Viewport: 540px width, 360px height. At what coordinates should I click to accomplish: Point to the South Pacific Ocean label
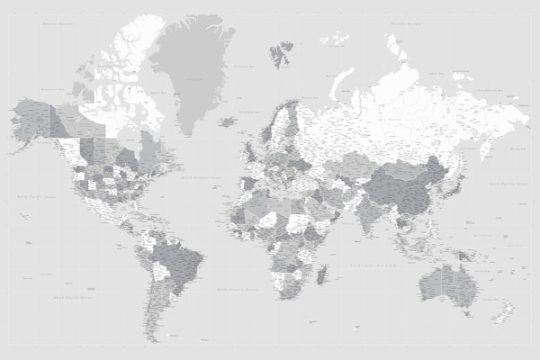(69, 294)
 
